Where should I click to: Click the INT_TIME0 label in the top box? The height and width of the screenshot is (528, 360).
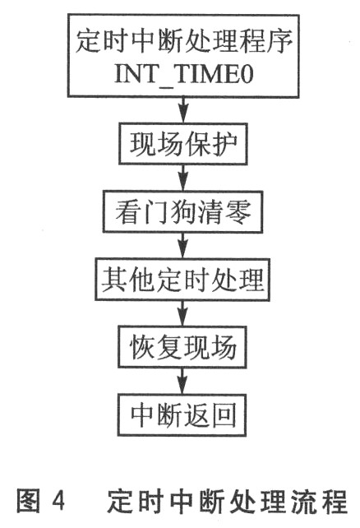coord(184,74)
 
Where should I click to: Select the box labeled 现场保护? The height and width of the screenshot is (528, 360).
coord(183,144)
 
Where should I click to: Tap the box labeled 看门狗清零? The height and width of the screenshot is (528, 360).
coord(182,212)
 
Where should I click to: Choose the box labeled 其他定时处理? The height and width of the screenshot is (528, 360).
coord(182,280)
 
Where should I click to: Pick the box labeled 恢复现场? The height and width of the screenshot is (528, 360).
coord(182,347)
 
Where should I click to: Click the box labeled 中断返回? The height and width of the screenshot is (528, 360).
coord(182,415)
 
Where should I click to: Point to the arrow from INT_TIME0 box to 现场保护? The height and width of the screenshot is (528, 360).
coord(183,110)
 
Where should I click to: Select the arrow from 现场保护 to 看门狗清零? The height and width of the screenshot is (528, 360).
coord(183,178)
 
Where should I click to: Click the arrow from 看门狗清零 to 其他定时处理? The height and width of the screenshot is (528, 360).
coord(182,245)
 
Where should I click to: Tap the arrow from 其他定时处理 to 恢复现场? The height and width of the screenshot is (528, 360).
coord(182,313)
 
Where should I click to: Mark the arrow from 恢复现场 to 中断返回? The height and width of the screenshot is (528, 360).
coord(182,381)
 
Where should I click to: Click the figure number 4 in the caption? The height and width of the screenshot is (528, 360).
coord(58,503)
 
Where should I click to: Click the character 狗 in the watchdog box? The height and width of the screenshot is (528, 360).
coord(183,212)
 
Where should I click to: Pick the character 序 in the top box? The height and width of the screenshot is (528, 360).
coord(280,42)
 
